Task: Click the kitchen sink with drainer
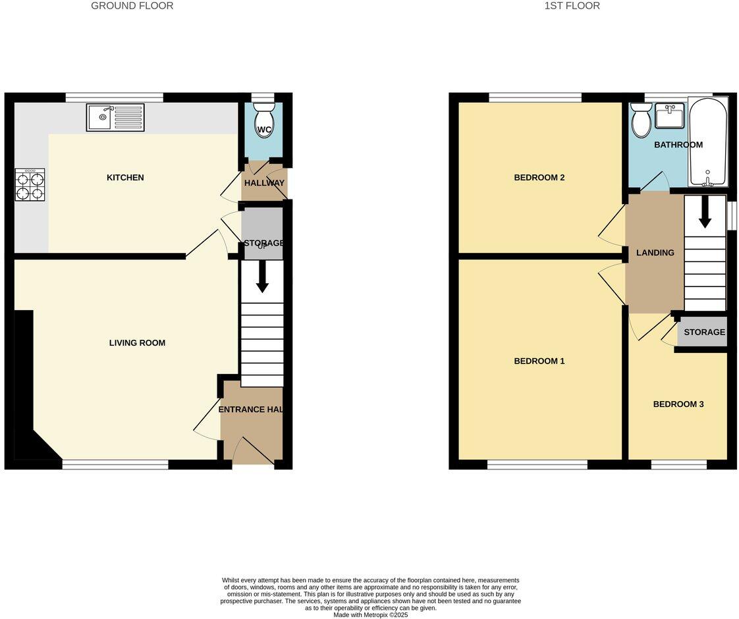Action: click(115, 118)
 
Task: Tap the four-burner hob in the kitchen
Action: click(30, 185)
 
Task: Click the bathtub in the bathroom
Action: click(708, 142)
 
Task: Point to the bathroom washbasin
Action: click(669, 116)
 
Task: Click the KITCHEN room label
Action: click(125, 178)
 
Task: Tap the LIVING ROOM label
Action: click(137, 343)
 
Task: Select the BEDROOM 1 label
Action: click(539, 362)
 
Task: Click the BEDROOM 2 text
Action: click(539, 178)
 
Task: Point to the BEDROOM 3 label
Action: click(678, 404)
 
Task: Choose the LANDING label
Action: click(655, 253)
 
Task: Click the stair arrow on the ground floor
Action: click(262, 277)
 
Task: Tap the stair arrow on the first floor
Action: click(705, 212)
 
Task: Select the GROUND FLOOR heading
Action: click(132, 6)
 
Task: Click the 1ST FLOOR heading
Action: click(572, 6)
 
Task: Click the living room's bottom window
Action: click(115, 465)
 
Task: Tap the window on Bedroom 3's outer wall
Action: click(678, 465)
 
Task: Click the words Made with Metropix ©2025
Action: click(370, 615)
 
